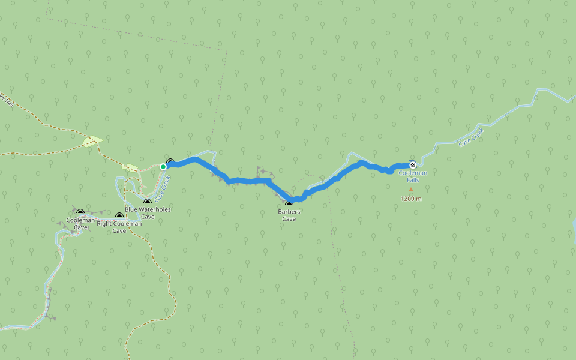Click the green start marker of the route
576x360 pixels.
click(x=163, y=167)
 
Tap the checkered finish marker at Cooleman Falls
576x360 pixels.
click(x=413, y=164)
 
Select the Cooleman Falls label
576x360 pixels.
click(x=413, y=176)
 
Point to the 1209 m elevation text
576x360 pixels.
click(x=411, y=199)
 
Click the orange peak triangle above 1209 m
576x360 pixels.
click(x=411, y=190)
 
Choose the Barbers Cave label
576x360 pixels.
click(x=289, y=215)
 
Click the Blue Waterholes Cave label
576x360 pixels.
click(x=148, y=213)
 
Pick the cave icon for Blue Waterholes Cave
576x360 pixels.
click(x=148, y=202)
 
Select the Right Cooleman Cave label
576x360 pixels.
click(x=119, y=227)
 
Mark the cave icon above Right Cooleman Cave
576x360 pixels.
click(x=119, y=216)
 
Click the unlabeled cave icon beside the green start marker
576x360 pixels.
click(x=170, y=162)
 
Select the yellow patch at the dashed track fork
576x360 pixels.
click(x=92, y=141)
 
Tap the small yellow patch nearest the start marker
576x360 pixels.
click(x=130, y=167)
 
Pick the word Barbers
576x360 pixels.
click(x=289, y=211)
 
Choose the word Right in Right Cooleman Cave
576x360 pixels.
click(x=104, y=224)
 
